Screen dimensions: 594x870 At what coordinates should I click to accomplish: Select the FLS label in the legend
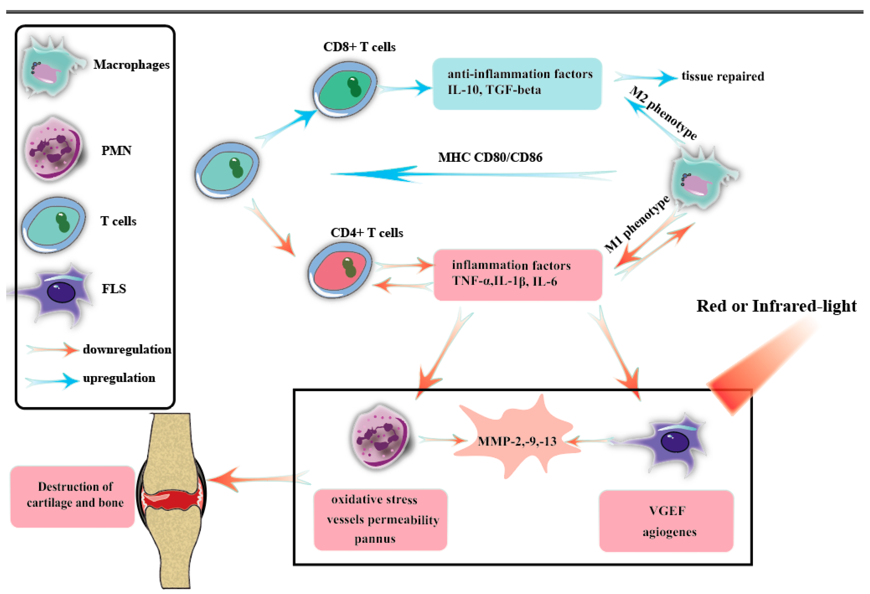click(x=114, y=289)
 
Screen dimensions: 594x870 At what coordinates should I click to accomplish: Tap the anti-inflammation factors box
click(x=517, y=83)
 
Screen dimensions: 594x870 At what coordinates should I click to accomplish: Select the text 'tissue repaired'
click(x=723, y=76)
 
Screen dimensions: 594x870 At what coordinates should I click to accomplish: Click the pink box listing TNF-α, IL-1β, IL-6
click(x=518, y=274)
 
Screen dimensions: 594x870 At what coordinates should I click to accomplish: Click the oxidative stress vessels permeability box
click(x=380, y=519)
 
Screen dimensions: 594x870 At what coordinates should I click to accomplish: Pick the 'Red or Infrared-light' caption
click(x=776, y=306)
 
